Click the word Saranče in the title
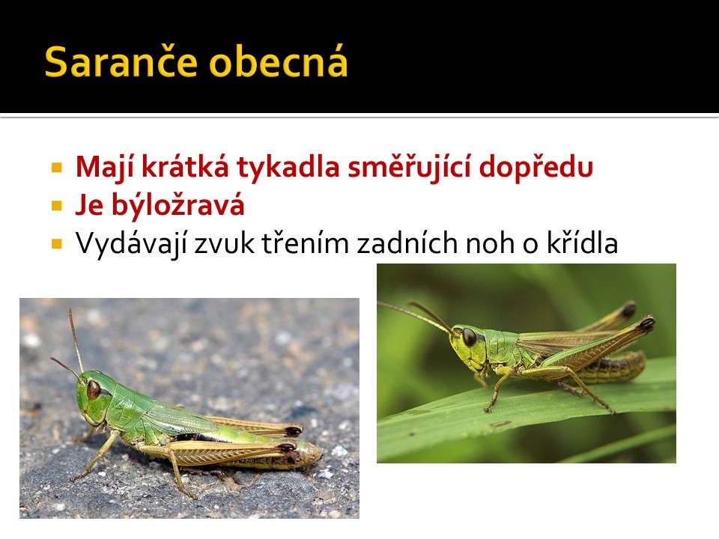121,61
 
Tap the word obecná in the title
279,61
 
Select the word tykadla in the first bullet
288,167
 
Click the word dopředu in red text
536,167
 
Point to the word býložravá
178,204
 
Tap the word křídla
583,243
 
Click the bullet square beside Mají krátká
57,167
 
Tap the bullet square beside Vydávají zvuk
57,243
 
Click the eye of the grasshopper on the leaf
469,337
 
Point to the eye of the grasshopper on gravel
94,389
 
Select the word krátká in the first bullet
185,167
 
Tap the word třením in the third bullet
306,243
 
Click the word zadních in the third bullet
407,243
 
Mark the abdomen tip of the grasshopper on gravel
319,454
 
